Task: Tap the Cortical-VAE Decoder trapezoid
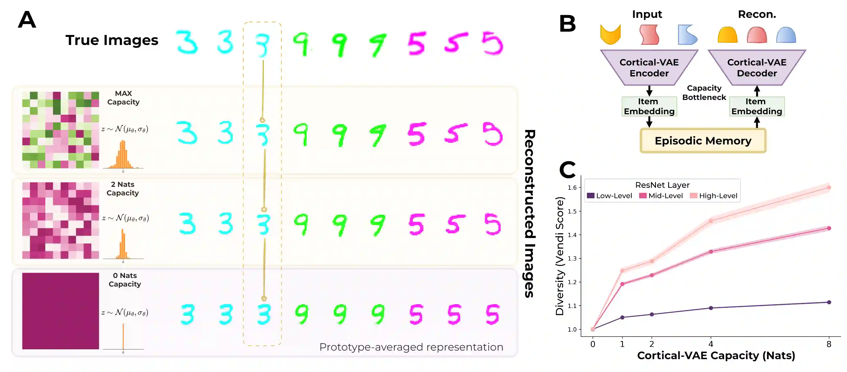pyautogui.click(x=757, y=68)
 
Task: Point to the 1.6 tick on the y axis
pyautogui.click(x=572, y=188)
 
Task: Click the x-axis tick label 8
pyautogui.click(x=829, y=344)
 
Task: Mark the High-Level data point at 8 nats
pyautogui.click(x=829, y=188)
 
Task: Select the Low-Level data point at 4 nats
pyautogui.click(x=711, y=308)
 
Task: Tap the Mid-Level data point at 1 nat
pyautogui.click(x=622, y=284)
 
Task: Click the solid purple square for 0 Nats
pyautogui.click(x=61, y=311)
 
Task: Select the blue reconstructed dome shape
pyautogui.click(x=786, y=35)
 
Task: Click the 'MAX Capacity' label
pyautogui.click(x=123, y=98)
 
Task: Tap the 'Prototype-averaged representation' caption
pyautogui.click(x=411, y=347)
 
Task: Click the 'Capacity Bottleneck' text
pyautogui.click(x=704, y=93)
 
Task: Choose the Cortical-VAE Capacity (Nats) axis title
pyautogui.click(x=716, y=356)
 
